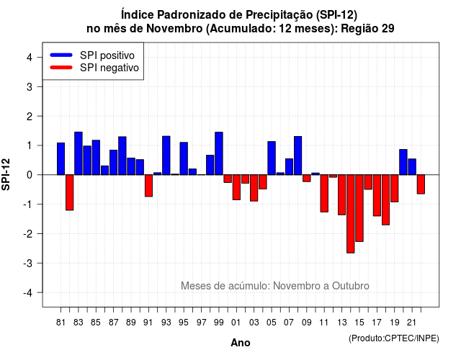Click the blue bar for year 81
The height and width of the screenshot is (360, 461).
point(61,158)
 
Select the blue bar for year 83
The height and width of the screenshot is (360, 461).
point(79,153)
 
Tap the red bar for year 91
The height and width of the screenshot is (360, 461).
point(148,186)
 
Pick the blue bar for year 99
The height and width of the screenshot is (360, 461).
point(219,153)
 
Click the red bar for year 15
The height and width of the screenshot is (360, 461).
point(359,208)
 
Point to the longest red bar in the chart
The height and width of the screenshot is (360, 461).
point(351,214)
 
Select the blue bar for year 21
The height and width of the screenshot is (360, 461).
point(412,166)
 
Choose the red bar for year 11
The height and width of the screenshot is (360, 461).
point(324,194)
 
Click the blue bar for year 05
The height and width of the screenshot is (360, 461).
point(272,158)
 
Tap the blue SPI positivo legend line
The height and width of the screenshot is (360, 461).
point(61,55)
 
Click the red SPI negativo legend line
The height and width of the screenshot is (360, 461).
point(61,67)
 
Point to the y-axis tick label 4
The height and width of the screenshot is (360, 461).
point(30,58)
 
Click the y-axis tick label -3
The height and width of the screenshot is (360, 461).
point(27,263)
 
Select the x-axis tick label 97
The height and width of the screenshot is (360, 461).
point(202,323)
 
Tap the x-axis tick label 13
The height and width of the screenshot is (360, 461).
point(342,323)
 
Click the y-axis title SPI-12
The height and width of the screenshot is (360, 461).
point(6,174)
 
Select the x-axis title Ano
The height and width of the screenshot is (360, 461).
point(241,343)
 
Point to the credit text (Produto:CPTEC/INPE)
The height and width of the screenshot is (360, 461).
point(394,338)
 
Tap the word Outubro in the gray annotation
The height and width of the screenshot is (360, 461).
point(351,286)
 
